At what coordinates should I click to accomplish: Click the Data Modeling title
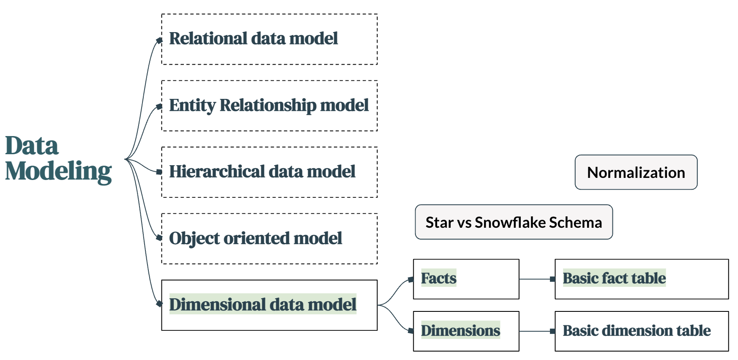click(x=58, y=159)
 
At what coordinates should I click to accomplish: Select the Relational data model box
click(x=269, y=39)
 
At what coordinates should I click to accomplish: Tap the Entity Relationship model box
click(x=269, y=106)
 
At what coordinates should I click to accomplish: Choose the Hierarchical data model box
click(x=269, y=172)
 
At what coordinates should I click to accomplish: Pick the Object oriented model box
click(x=269, y=239)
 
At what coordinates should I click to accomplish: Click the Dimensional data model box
click(x=269, y=305)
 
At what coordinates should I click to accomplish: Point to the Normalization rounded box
click(x=636, y=172)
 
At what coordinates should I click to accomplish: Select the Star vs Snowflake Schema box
click(x=514, y=222)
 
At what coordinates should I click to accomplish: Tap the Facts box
click(x=466, y=279)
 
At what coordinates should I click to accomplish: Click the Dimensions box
click(x=466, y=331)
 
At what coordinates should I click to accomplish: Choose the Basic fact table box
click(x=642, y=279)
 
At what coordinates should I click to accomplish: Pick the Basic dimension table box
click(x=642, y=331)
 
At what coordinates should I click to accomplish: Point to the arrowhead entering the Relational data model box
click(x=159, y=41)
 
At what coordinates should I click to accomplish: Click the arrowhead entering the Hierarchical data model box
click(x=159, y=172)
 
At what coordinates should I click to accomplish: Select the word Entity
click(x=192, y=105)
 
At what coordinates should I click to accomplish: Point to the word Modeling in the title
click(x=58, y=172)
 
